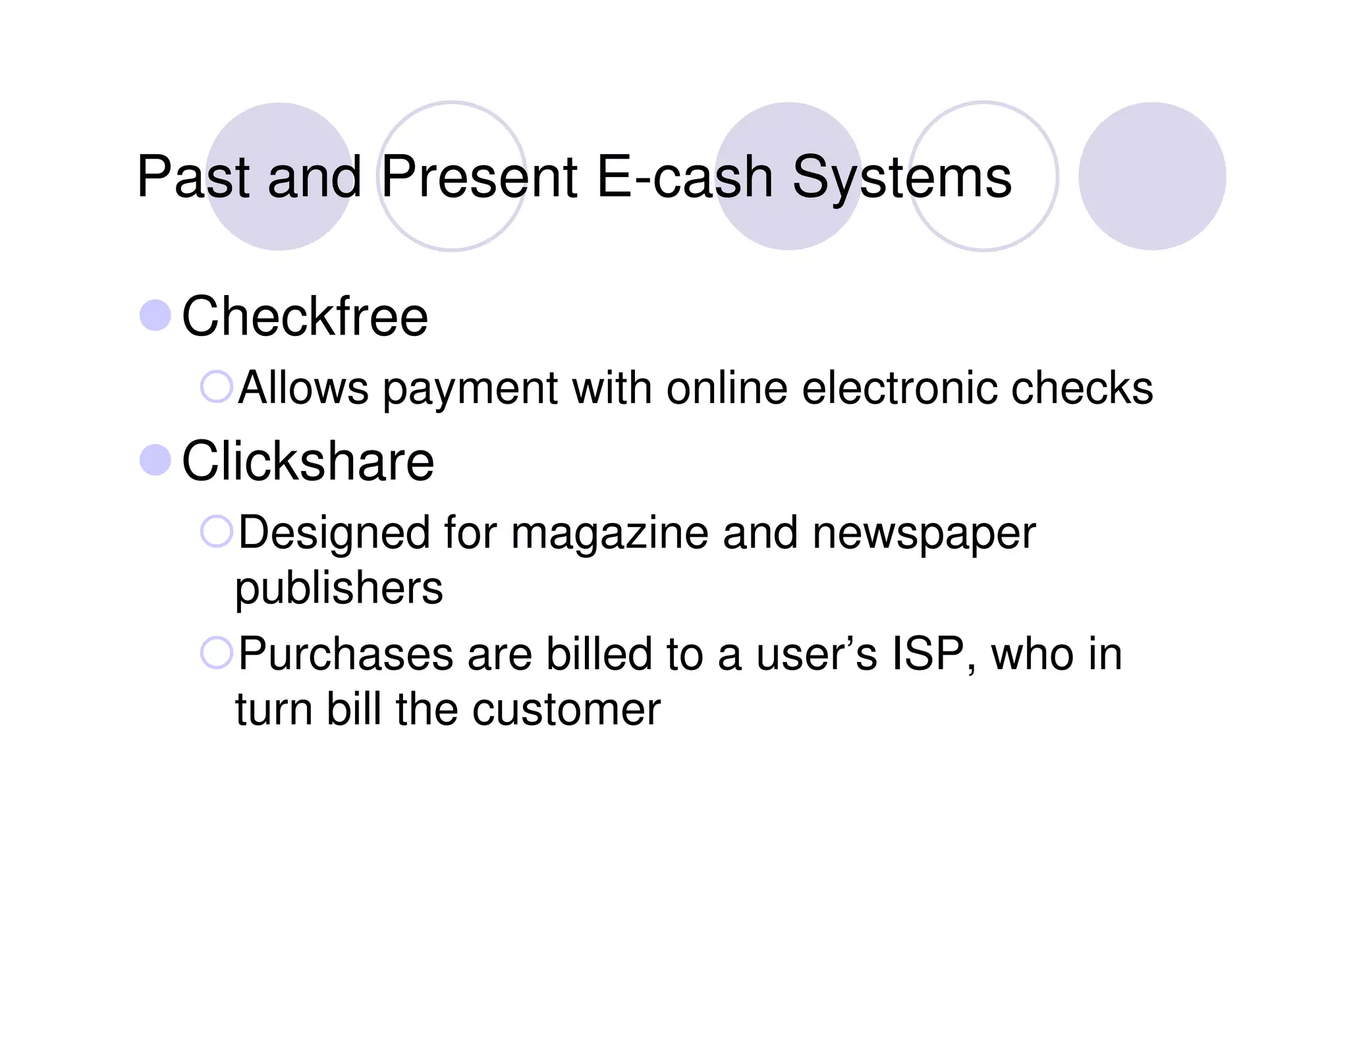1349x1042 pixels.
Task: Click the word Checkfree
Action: pyautogui.click(x=304, y=317)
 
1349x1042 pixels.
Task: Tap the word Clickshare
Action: pyautogui.click(x=308, y=461)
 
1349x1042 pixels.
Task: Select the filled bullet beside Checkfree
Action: pyautogui.click(x=155, y=315)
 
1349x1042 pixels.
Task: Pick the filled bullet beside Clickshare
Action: pyautogui.click(x=155, y=460)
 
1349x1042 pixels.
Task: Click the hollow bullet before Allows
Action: pyautogui.click(x=216, y=387)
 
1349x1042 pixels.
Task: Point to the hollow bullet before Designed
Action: pyautogui.click(x=216, y=532)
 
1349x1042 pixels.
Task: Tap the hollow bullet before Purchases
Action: pyautogui.click(x=216, y=653)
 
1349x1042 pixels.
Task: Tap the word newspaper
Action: pyautogui.click(x=924, y=533)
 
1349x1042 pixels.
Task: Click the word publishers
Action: pyautogui.click(x=339, y=588)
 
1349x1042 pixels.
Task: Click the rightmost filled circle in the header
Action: pyautogui.click(x=1151, y=176)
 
